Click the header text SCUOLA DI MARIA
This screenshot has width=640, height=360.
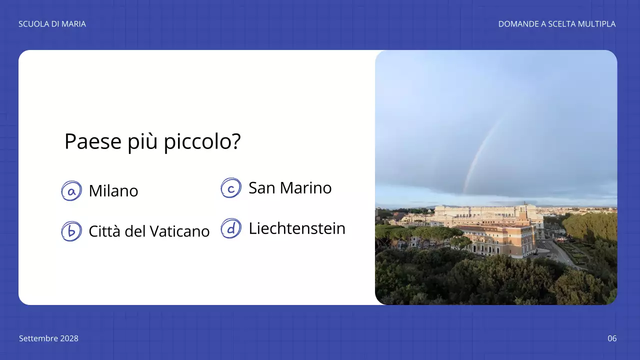click(x=52, y=24)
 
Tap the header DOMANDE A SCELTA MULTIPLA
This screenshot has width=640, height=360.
click(x=556, y=24)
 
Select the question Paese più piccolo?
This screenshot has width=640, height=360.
click(x=152, y=142)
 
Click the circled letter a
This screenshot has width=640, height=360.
click(x=71, y=191)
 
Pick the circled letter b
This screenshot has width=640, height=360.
click(x=71, y=231)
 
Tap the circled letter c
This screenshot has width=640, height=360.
click(x=231, y=188)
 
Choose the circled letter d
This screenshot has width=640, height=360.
click(x=231, y=228)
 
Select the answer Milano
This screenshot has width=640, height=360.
click(x=113, y=191)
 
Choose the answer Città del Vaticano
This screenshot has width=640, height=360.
click(x=149, y=231)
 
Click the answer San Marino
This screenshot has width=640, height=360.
click(x=290, y=188)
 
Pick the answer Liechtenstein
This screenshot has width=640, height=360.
click(x=297, y=228)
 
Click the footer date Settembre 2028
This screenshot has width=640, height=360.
click(x=48, y=338)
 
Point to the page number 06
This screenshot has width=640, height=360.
click(x=612, y=338)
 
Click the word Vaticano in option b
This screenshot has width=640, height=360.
click(x=181, y=231)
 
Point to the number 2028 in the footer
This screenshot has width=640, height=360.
click(x=69, y=338)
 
